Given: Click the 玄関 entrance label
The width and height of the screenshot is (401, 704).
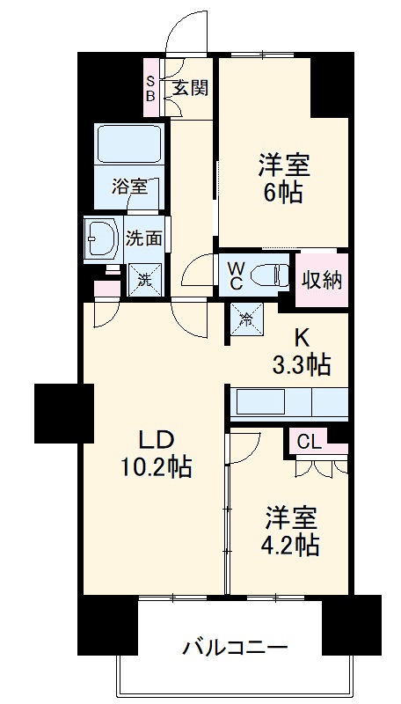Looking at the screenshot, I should [189, 88].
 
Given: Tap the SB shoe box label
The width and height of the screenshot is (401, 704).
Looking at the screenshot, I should [150, 88].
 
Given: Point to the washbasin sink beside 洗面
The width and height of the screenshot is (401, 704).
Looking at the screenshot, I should [103, 237].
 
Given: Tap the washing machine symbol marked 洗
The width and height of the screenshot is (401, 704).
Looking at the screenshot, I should [141, 281].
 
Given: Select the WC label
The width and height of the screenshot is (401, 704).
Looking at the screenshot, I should [237, 274].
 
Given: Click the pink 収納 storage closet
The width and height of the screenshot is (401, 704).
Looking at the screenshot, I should [322, 280].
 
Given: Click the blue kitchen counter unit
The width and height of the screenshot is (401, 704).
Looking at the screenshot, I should [288, 404].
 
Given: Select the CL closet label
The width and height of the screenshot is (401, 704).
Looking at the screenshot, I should [310, 442].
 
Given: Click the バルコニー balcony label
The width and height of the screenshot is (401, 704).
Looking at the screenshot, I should [235, 649].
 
